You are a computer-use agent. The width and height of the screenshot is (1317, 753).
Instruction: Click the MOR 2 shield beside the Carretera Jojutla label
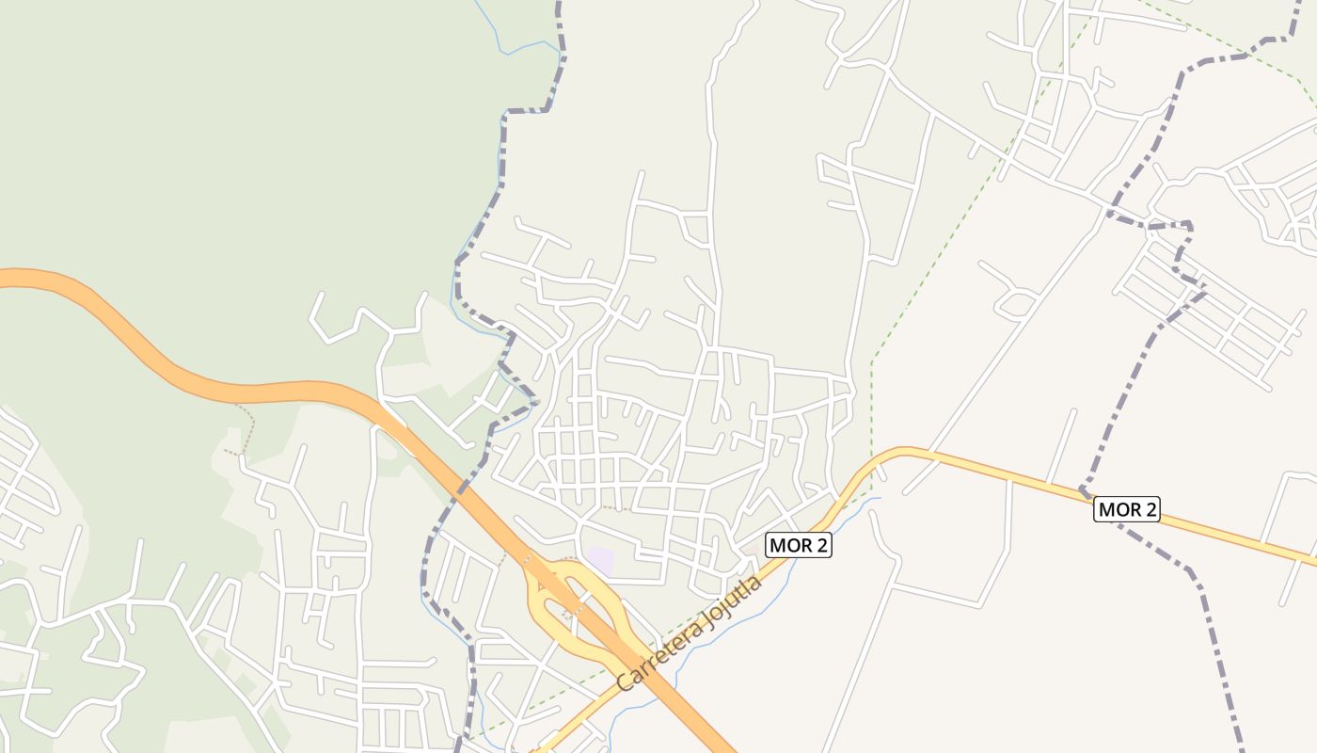pos(799,544)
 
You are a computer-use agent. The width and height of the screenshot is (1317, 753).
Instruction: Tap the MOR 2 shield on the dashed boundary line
pos(1127,510)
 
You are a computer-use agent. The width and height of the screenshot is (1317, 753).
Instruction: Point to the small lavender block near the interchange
pos(600,561)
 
